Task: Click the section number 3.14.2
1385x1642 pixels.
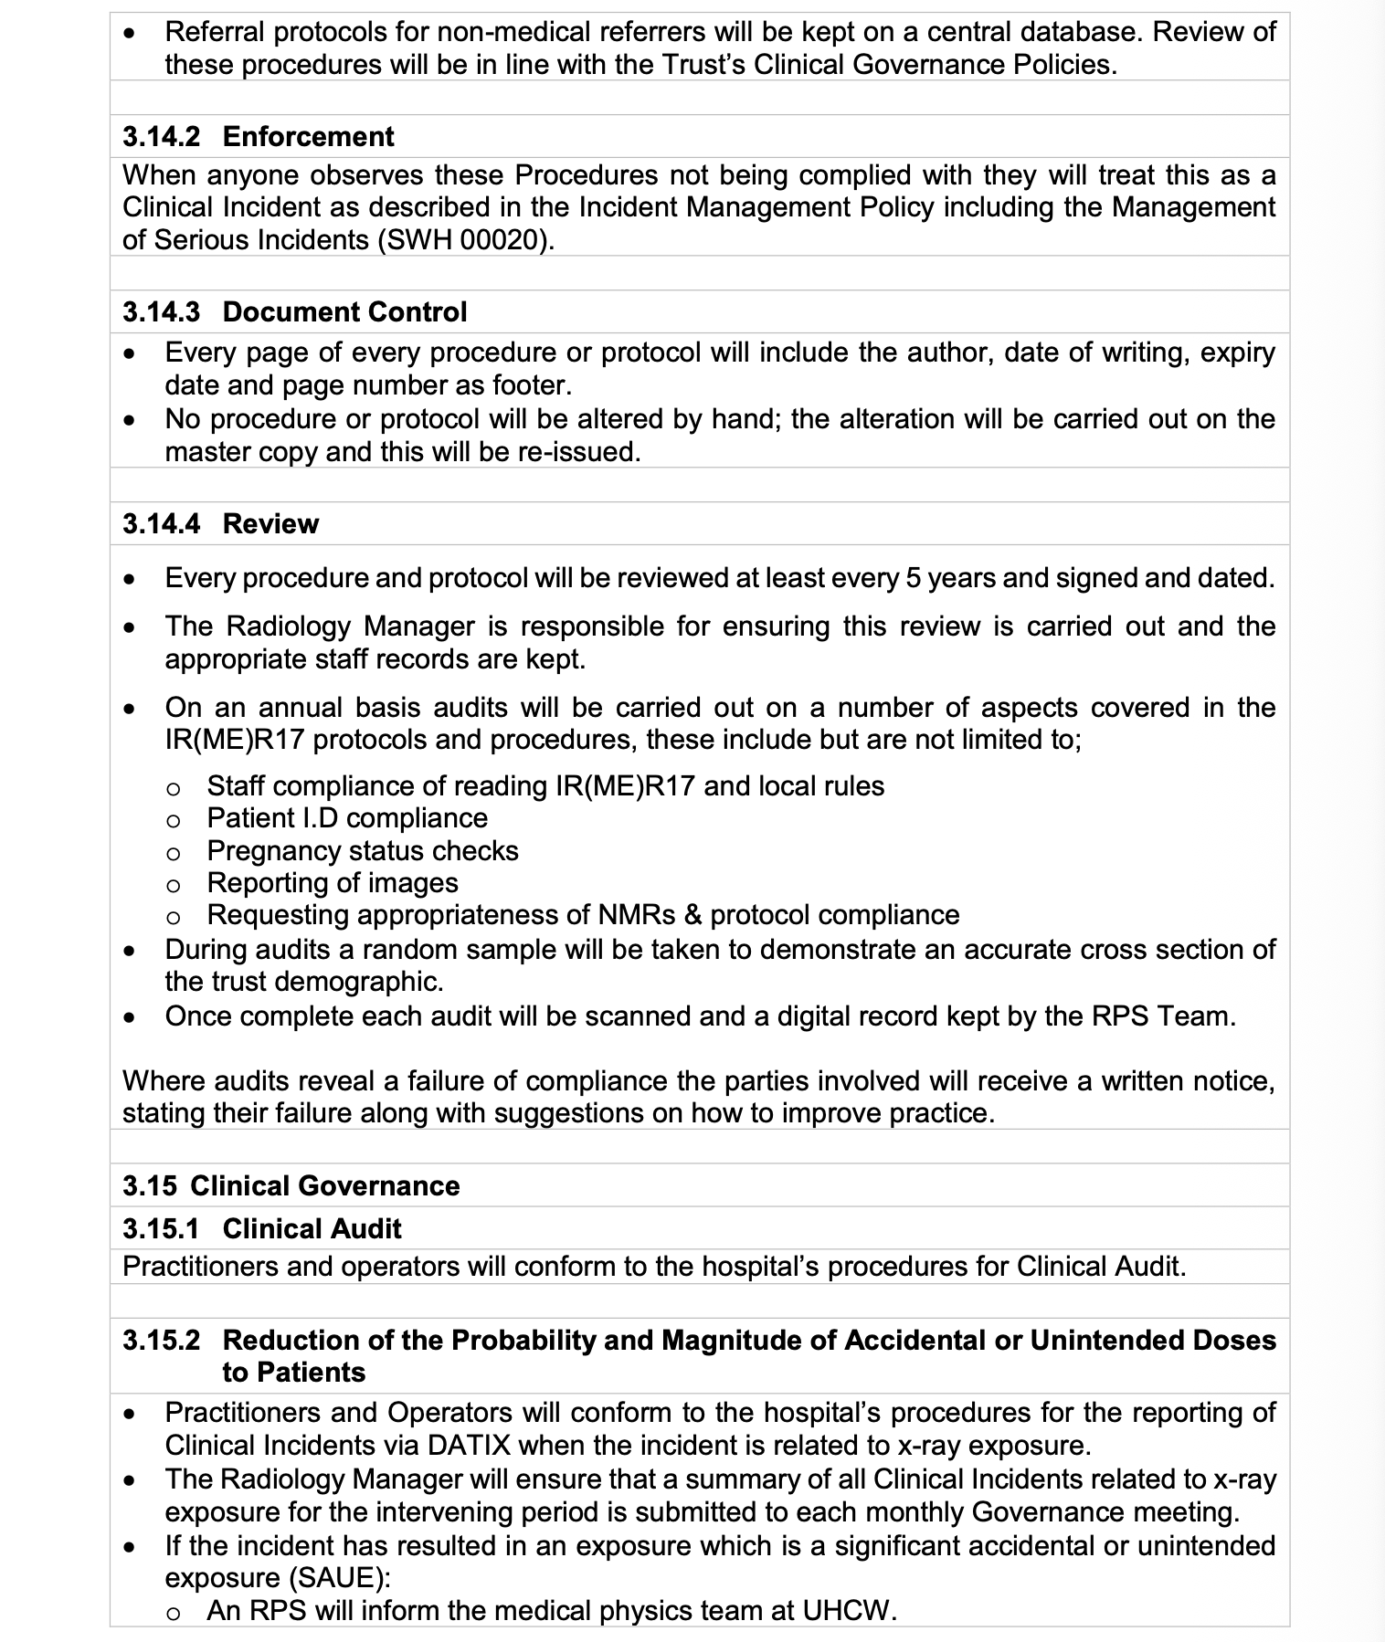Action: pos(161,137)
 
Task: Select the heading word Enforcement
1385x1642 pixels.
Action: pos(308,137)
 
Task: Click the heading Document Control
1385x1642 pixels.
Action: pos(344,312)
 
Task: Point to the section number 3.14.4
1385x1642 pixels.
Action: pos(162,524)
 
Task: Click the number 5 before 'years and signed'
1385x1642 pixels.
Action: pos(913,579)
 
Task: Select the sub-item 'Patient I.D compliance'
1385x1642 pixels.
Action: pos(347,818)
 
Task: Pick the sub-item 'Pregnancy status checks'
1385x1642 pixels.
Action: pos(363,851)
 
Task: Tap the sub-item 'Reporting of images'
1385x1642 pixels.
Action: pos(333,883)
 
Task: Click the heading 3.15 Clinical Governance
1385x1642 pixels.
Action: pos(291,1186)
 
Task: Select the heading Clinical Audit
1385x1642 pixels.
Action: pos(312,1229)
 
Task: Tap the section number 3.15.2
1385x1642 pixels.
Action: pos(161,1341)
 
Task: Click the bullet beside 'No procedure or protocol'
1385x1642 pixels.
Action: pos(132,421)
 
